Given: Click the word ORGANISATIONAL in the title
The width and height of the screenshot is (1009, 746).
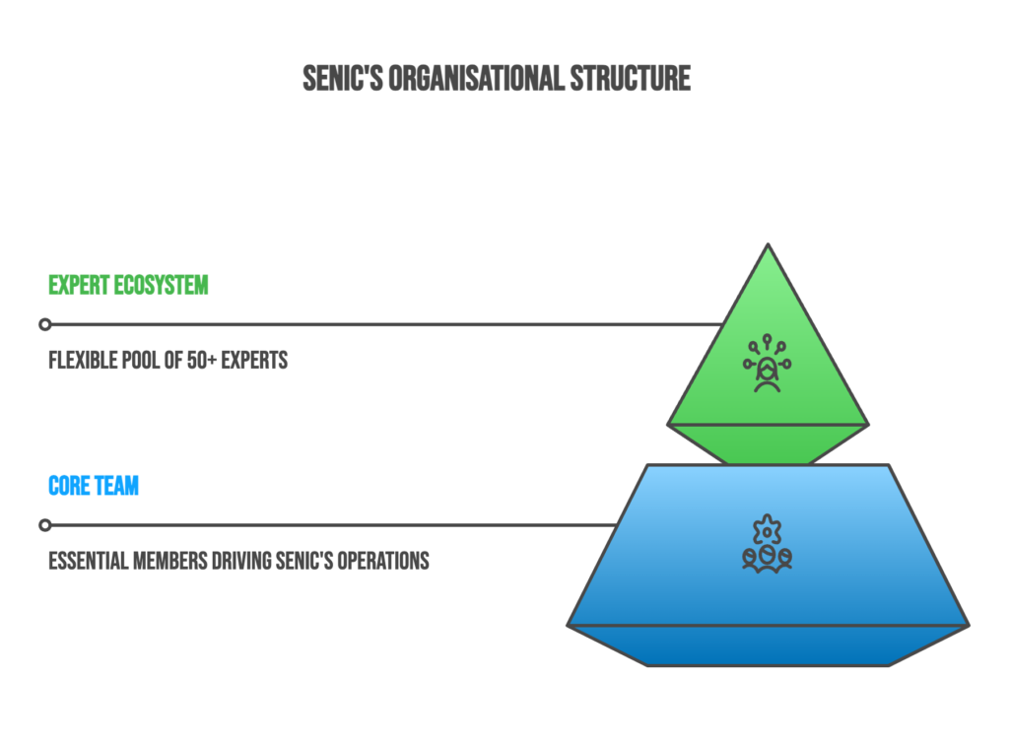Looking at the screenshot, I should pos(476,79).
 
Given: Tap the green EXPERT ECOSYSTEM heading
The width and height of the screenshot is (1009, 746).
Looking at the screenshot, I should pos(128,286).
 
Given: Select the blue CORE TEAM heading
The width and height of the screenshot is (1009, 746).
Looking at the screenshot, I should pos(94,486).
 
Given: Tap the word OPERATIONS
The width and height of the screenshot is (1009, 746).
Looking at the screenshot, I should pos(383,561).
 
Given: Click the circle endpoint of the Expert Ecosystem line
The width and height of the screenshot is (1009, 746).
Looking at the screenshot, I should pos(44,324).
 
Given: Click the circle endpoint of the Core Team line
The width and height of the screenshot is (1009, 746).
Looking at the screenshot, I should pos(44,524).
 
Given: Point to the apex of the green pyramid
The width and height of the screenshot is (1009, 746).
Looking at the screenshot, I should pos(768,246).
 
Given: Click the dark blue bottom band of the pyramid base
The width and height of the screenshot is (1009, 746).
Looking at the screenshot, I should pos(768,645).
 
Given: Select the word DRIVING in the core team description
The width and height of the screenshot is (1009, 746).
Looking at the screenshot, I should pos(224,561).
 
